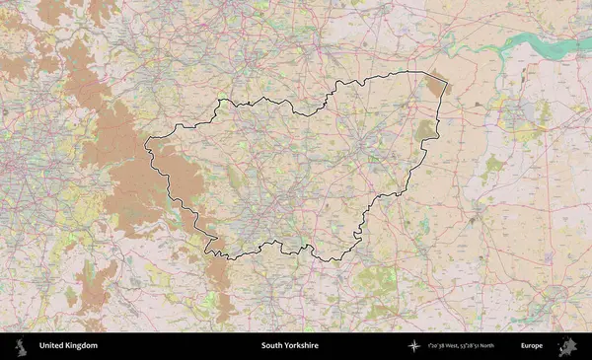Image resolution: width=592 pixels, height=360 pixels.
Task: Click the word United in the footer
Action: point(53,346)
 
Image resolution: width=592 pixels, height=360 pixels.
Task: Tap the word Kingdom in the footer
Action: point(82,346)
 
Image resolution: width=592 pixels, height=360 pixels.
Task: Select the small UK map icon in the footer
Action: point(20,346)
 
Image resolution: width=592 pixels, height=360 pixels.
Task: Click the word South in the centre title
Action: point(272,346)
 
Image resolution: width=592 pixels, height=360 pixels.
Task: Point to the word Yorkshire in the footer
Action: point(302,346)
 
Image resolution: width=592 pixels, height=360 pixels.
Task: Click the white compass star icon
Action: point(414,346)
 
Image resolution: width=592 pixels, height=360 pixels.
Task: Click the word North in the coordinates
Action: point(509,346)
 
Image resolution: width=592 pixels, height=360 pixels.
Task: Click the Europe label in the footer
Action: point(532,346)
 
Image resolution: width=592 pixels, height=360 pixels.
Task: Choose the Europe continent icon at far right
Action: point(568,346)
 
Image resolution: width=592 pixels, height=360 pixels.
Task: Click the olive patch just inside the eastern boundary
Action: point(425,129)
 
